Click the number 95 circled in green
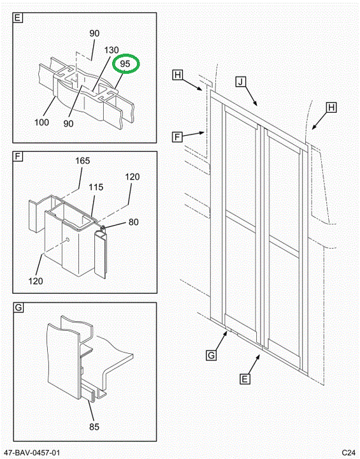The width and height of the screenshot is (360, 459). [125, 64]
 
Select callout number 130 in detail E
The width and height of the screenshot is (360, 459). [112, 50]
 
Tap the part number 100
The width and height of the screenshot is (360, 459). [41, 122]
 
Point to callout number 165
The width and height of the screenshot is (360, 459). [83, 161]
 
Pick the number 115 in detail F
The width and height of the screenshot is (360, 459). [96, 187]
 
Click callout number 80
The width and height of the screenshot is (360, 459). [133, 222]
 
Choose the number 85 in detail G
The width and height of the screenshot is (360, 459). [94, 426]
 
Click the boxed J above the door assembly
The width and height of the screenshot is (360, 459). [241, 81]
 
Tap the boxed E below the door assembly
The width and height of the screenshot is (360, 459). [245, 379]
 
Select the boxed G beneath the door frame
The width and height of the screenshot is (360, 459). [211, 355]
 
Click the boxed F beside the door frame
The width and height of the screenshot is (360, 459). [177, 136]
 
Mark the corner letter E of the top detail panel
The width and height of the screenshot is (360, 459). [18, 18]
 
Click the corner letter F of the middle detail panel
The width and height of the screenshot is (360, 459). [18, 156]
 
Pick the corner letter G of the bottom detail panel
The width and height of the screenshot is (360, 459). [18, 308]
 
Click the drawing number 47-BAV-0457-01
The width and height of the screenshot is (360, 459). [32, 453]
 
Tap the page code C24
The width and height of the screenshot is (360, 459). [349, 452]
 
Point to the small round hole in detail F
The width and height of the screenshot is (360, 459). [68, 240]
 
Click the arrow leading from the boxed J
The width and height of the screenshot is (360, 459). [251, 96]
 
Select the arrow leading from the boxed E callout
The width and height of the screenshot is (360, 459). [254, 364]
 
